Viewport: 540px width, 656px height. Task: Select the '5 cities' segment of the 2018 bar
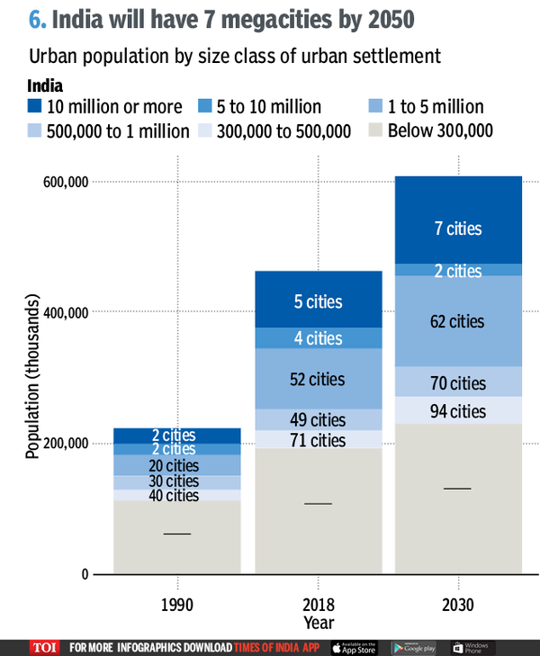point(318,301)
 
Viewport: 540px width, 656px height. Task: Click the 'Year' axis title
point(318,622)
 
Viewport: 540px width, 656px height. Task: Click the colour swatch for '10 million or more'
point(33,107)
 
